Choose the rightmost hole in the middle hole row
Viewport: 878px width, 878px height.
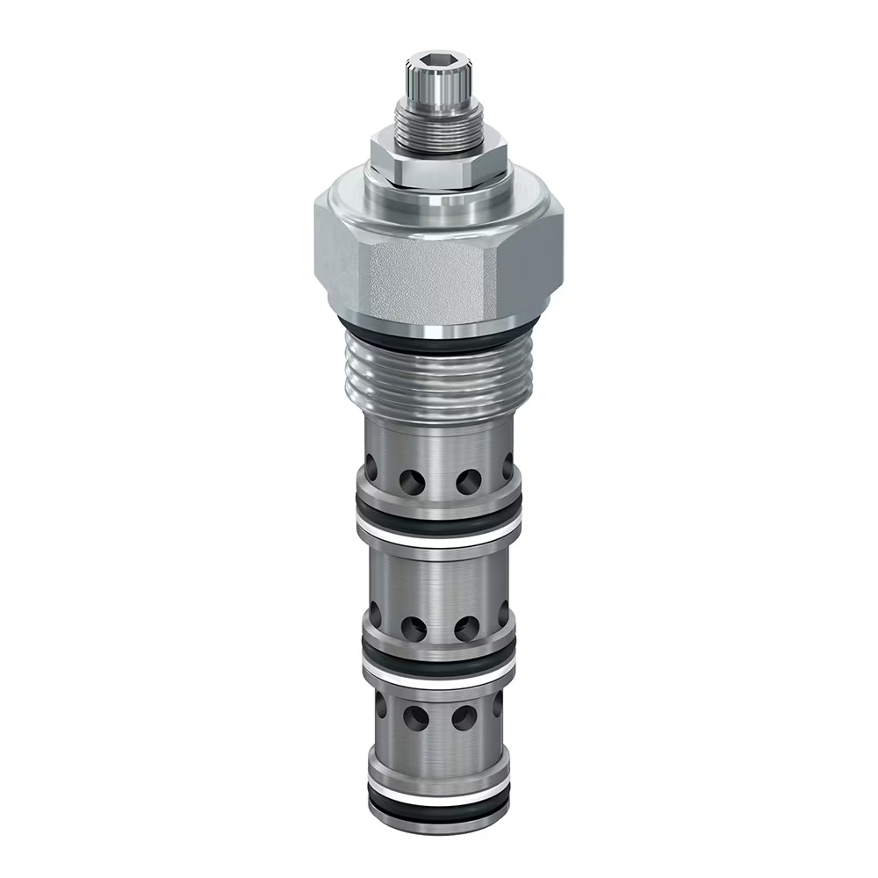tap(503, 615)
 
